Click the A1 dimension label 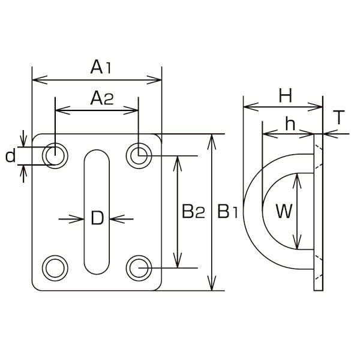pyautogui.click(x=101, y=67)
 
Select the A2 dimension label pyautogui.click(x=102, y=98)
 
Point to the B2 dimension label pyautogui.click(x=193, y=211)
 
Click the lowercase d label pyautogui.click(x=11, y=156)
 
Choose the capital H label pyautogui.click(x=286, y=95)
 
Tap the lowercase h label pyautogui.click(x=290, y=124)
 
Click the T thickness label pyautogui.click(x=339, y=117)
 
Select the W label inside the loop pyautogui.click(x=284, y=211)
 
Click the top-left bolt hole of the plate pyautogui.click(x=55, y=155)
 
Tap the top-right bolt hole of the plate pyautogui.click(x=139, y=155)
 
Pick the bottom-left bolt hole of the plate pyautogui.click(x=55, y=268)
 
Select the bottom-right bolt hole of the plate pyautogui.click(x=139, y=268)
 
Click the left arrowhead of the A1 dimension pyautogui.click(x=40, y=80)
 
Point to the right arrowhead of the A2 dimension pyautogui.click(x=131, y=110)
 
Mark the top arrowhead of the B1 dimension pyautogui.click(x=212, y=142)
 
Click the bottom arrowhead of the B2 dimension pyautogui.click(x=177, y=260)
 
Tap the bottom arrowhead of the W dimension pyautogui.click(x=298, y=242)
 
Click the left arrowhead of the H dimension pyautogui.click(x=251, y=107)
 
